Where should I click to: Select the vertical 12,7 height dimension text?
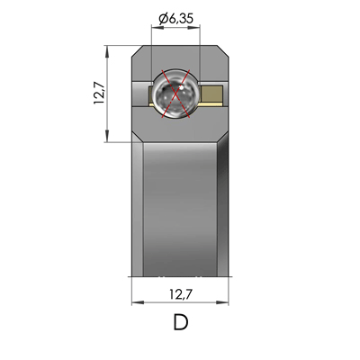point(100,93)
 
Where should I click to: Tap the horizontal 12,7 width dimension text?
point(180,293)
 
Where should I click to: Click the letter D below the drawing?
point(180,322)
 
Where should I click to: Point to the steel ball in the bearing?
point(176,94)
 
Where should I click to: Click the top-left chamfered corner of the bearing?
point(138,50)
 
